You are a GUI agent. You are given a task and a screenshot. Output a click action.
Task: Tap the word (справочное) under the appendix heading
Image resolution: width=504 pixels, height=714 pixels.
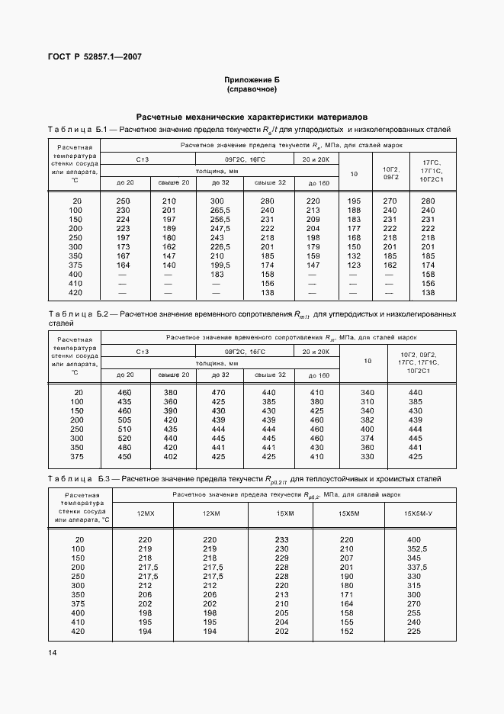pyautogui.click(x=252, y=89)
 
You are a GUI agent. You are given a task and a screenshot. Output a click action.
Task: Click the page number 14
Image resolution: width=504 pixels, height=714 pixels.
pyautogui.click(x=52, y=652)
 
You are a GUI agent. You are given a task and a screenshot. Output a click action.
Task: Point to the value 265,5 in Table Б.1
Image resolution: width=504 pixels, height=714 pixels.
pyautogui.click(x=220, y=210)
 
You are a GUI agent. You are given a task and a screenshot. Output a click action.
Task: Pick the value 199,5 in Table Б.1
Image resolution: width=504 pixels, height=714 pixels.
pyautogui.click(x=220, y=264)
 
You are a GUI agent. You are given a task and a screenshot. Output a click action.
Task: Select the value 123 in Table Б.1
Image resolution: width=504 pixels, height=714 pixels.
pyautogui.click(x=353, y=264)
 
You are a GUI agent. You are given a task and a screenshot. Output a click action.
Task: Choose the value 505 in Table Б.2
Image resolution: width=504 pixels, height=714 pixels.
pyautogui.click(x=124, y=420)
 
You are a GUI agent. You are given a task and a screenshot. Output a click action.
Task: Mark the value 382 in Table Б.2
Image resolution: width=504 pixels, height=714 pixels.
pyautogui.click(x=367, y=420)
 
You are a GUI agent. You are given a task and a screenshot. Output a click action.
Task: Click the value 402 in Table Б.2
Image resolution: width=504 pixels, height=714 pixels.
pyautogui.click(x=170, y=456)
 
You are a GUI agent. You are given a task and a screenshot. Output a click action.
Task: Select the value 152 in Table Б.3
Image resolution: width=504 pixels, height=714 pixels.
pyautogui.click(x=346, y=632)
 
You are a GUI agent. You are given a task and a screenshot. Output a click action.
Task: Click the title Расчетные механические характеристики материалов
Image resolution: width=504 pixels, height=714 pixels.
pyautogui.click(x=252, y=117)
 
